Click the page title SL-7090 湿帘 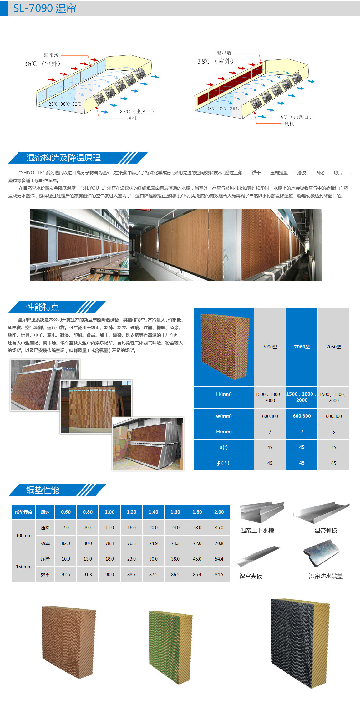45,8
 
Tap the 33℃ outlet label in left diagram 137,111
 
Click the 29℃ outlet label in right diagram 295,117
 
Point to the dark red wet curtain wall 230,84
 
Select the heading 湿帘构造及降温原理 64,158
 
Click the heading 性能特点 43,307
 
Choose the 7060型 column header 302,347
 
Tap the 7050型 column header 333,347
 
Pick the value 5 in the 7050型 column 333,432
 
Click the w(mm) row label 224,416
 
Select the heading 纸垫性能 43,490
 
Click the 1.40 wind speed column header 153,512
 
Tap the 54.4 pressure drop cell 219,559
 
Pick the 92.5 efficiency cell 66,574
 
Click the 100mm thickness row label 24,535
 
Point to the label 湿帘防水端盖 326,576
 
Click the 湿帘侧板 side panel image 321,513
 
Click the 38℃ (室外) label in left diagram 42,64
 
